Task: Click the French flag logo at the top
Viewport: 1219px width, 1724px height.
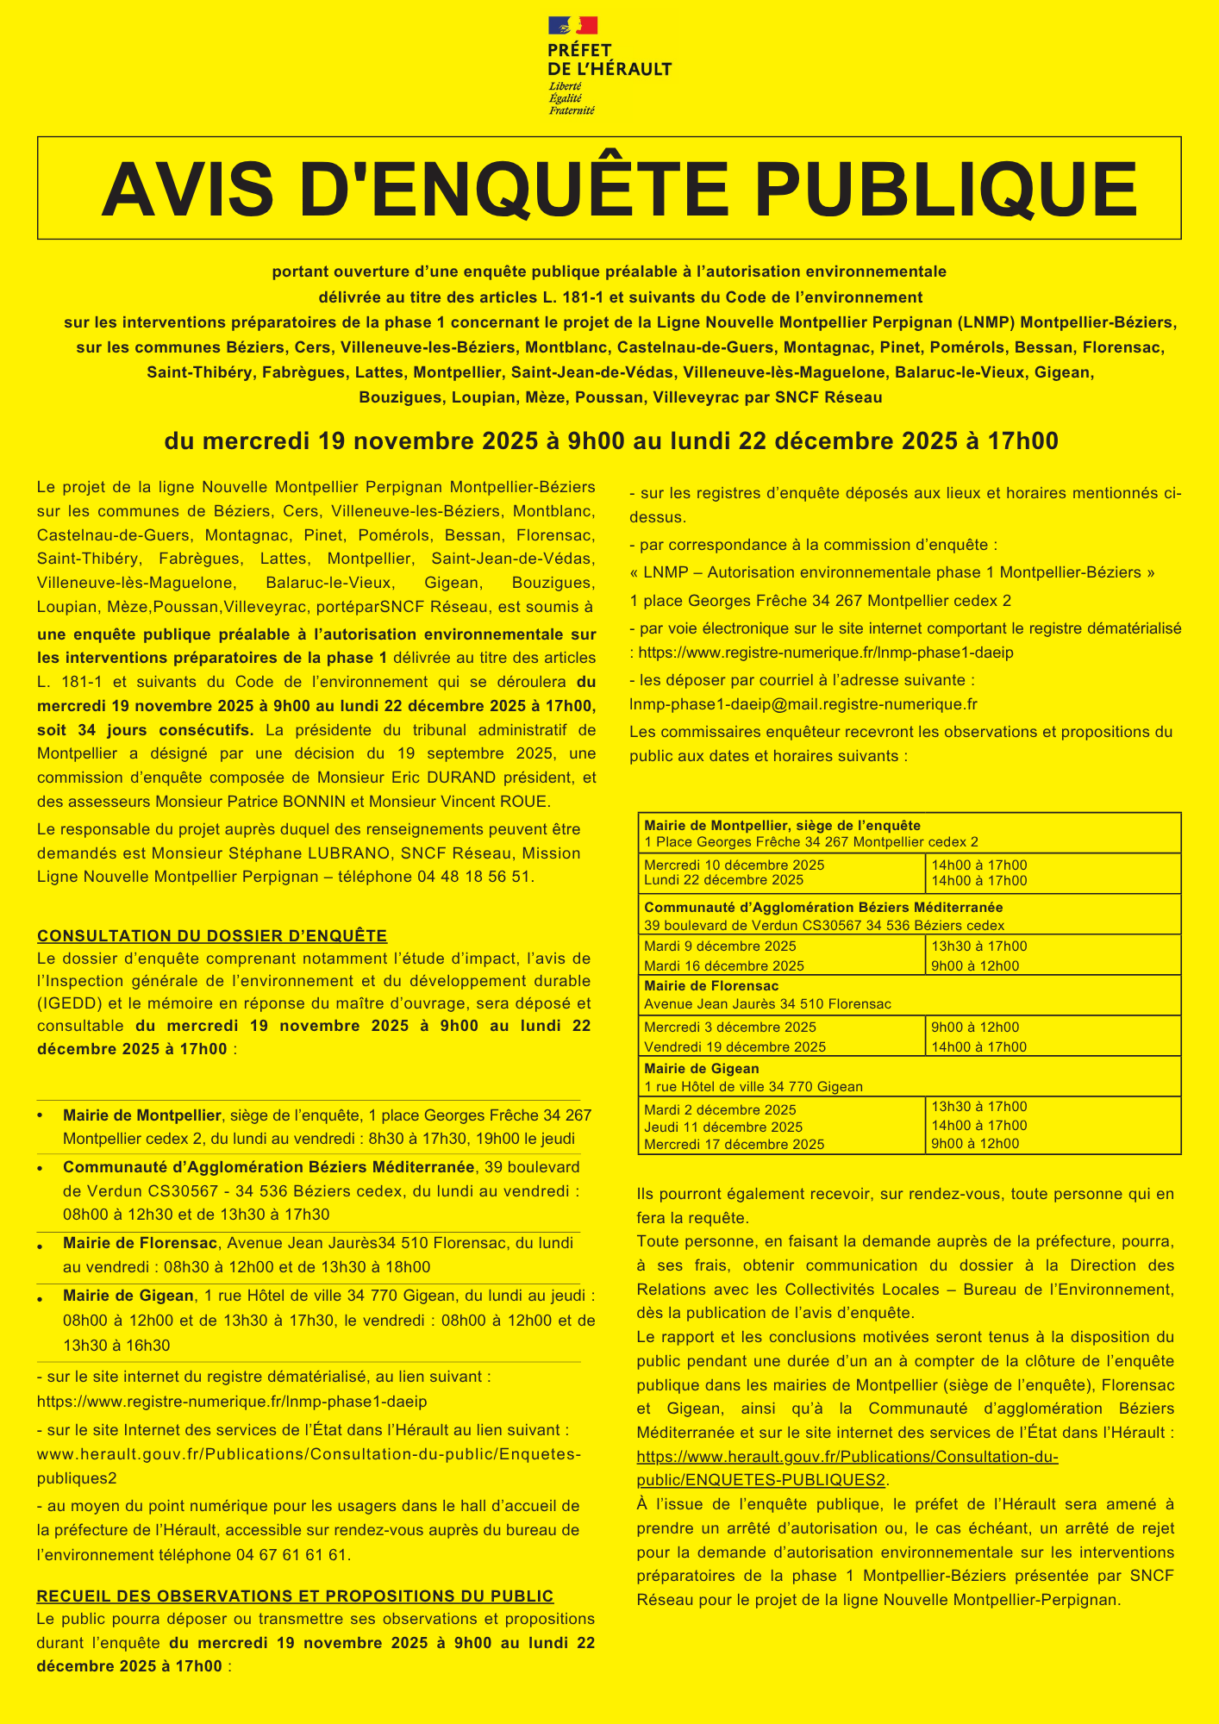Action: click(x=572, y=26)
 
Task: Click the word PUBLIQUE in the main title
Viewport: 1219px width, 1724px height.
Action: click(x=947, y=189)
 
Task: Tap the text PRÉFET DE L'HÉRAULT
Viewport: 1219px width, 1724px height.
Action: click(x=609, y=60)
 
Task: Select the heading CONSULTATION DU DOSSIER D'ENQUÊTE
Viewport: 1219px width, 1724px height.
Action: click(x=212, y=936)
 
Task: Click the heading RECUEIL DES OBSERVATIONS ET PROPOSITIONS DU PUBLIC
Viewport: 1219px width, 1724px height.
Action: click(x=295, y=1596)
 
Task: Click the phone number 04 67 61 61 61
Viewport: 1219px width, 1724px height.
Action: click(x=291, y=1555)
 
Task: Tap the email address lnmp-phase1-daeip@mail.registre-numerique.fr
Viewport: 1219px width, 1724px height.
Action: click(x=803, y=704)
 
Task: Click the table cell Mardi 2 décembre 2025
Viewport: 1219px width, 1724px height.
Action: click(x=721, y=1109)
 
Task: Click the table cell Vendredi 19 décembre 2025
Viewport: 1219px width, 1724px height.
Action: click(x=735, y=1047)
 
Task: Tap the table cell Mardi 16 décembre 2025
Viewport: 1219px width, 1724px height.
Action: click(x=724, y=966)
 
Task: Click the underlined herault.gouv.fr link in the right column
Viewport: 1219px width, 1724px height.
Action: click(x=847, y=1458)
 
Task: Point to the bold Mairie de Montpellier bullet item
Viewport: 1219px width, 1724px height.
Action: click(x=142, y=1115)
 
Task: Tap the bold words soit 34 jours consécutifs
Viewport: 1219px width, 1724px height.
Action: click(x=146, y=730)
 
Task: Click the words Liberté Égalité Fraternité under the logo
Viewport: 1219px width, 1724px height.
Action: click(x=572, y=97)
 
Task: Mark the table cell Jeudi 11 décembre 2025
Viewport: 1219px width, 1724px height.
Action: click(x=723, y=1127)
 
